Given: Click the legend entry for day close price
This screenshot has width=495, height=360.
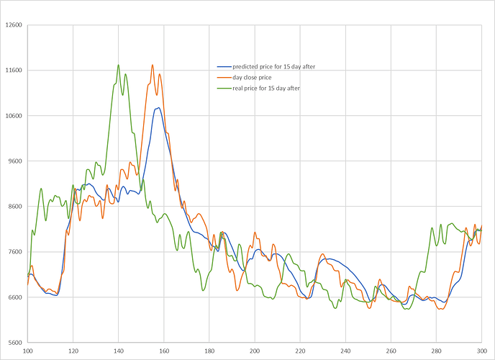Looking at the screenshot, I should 257,77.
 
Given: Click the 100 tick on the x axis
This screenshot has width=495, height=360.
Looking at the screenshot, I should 28,351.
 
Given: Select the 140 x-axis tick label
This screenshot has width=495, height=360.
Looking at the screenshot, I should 119,351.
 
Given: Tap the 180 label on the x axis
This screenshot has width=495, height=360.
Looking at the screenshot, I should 209,351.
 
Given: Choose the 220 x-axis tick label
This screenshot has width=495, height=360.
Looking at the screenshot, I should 300,351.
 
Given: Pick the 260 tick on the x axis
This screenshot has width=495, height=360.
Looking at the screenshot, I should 391,351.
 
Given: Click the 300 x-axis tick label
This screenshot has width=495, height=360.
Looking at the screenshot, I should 481,351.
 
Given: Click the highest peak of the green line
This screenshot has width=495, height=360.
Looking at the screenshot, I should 119,65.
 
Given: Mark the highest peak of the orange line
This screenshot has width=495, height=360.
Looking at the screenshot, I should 153,65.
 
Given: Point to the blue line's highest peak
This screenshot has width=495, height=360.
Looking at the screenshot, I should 157,108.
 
